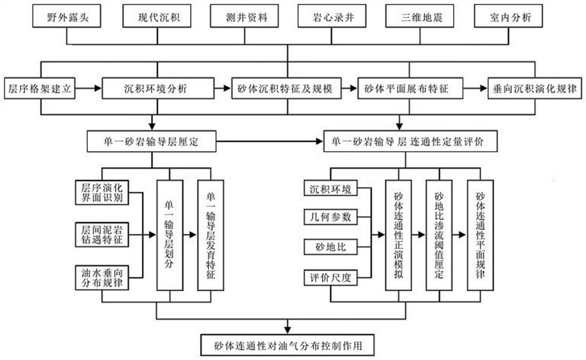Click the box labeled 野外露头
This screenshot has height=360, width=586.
point(67,18)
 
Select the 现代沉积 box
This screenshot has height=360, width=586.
point(154,18)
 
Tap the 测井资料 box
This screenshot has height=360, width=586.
point(241,18)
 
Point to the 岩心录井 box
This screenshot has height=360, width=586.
point(329,18)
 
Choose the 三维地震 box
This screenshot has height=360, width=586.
point(415,18)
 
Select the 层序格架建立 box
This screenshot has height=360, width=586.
point(39,90)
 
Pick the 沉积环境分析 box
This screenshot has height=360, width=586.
point(155,90)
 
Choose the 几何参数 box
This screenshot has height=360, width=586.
point(331,217)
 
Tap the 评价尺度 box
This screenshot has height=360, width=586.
point(331,276)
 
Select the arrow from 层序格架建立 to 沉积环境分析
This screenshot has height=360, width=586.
point(89,90)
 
